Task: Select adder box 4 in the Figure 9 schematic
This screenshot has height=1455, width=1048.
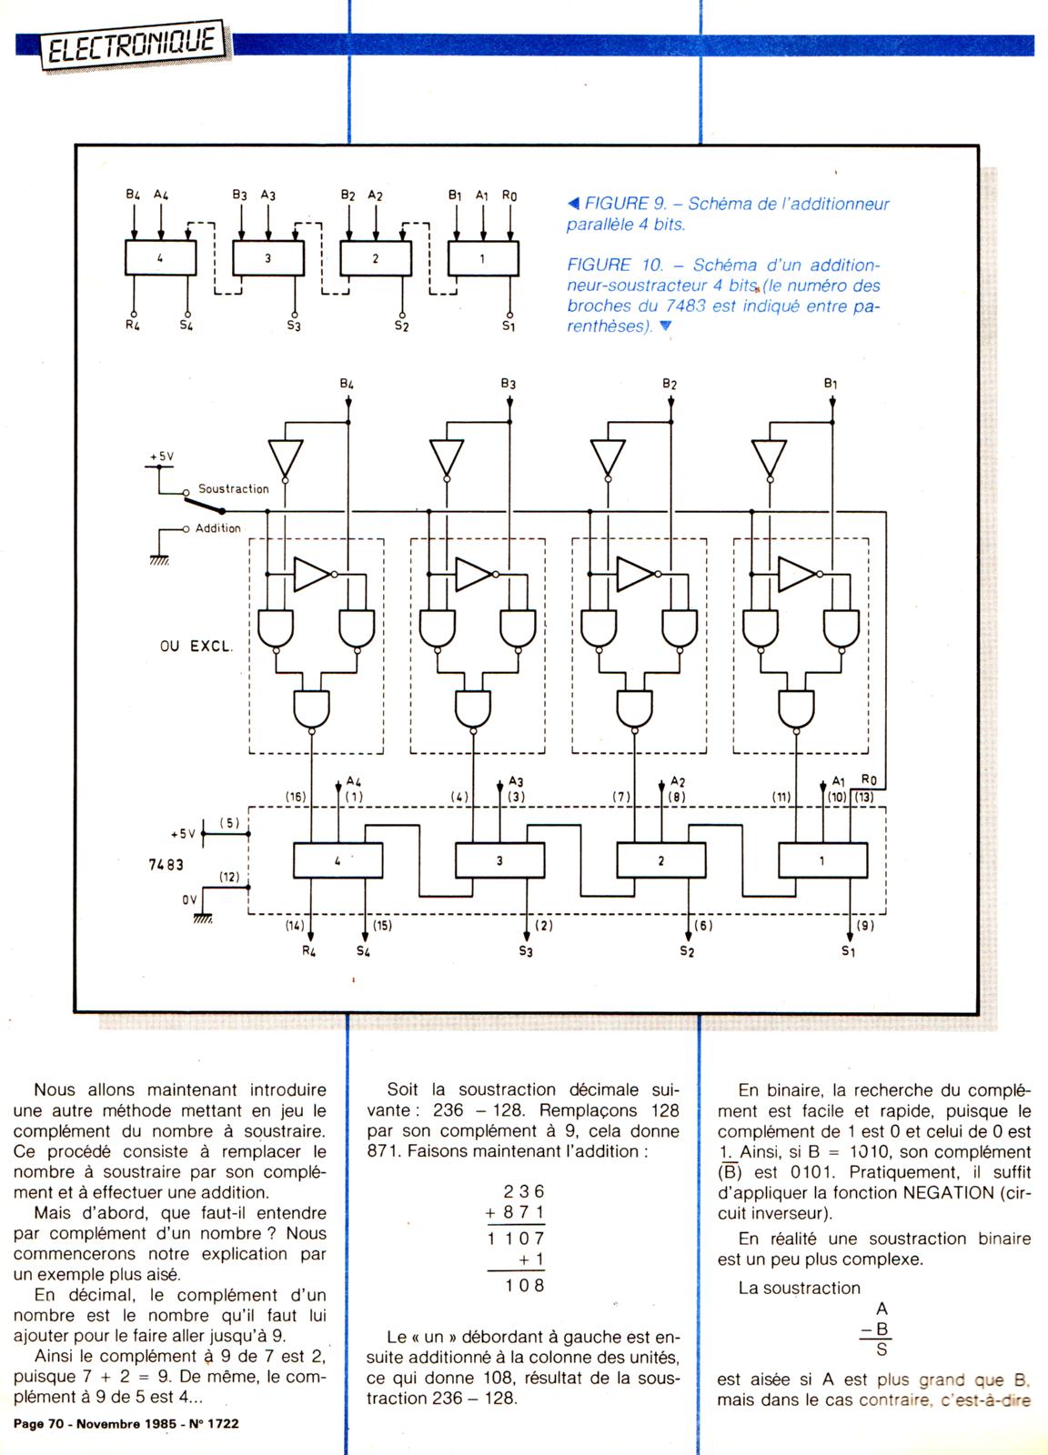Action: tap(160, 258)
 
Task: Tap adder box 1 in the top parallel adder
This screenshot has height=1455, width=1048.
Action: tap(483, 258)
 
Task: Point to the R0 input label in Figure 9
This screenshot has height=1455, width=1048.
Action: tap(509, 195)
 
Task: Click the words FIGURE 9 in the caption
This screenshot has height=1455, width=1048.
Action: tap(619, 205)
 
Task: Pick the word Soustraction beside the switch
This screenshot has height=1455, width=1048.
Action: tap(234, 489)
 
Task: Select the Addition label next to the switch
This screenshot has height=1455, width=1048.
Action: tap(218, 528)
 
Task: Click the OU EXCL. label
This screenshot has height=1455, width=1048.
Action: tap(196, 647)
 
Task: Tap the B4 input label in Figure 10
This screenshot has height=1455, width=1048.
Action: tap(347, 385)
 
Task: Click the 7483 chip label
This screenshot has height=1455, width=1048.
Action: tap(166, 865)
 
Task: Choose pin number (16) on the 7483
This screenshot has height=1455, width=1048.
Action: tap(296, 797)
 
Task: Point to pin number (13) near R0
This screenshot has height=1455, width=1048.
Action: tap(864, 797)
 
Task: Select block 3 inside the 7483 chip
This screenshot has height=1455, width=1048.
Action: tap(499, 860)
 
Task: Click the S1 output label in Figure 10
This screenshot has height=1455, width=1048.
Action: tap(848, 951)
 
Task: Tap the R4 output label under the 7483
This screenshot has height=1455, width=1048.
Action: tap(309, 952)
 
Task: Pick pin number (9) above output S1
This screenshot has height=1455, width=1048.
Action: tap(865, 926)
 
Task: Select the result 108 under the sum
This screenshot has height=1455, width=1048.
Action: tap(526, 1285)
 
